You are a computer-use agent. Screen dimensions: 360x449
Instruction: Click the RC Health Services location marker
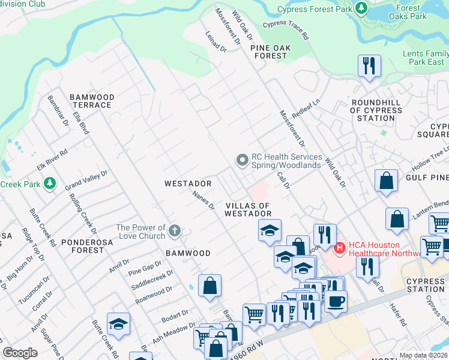click(242, 160)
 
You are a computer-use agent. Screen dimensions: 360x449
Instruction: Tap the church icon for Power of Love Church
click(175, 231)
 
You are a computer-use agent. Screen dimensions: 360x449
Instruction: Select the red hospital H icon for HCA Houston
click(339, 247)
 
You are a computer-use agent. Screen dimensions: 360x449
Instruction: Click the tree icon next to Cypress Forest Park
click(361, 8)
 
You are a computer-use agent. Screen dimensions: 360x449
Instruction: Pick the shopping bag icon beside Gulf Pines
click(386, 181)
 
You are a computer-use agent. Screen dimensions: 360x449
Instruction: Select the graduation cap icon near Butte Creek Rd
click(118, 324)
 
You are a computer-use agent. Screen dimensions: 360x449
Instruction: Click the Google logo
click(20, 353)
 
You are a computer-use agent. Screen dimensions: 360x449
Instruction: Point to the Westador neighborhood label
click(188, 183)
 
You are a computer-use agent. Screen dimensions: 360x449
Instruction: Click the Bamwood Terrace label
click(91, 101)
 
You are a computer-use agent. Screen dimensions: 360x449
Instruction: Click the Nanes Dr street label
click(203, 200)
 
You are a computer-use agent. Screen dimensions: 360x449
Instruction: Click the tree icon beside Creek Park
click(51, 183)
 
